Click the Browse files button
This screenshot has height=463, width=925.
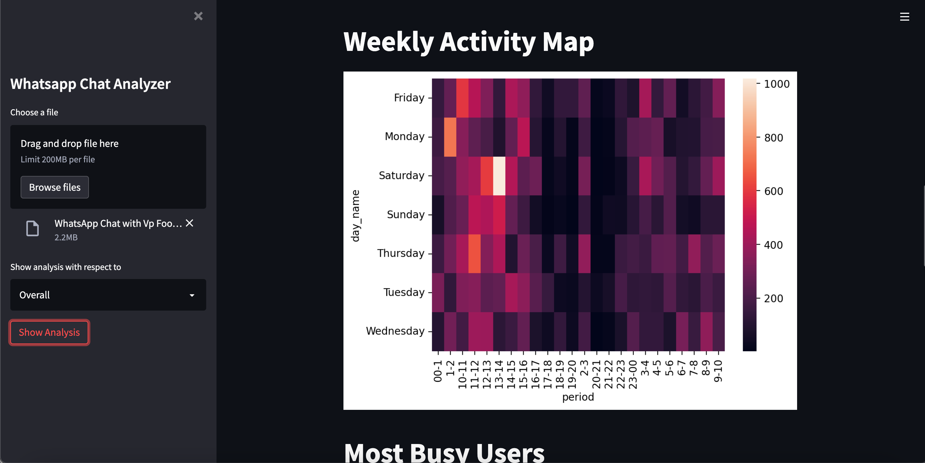[54, 187]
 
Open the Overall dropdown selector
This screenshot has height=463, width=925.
[108, 295]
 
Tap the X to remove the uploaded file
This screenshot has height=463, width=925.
[189, 223]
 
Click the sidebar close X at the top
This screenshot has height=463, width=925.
[198, 16]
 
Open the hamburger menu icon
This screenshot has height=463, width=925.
[904, 16]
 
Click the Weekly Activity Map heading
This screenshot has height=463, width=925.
[468, 42]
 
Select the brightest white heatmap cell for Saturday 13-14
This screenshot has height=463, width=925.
[499, 176]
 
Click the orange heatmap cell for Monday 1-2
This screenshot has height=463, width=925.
[450, 137]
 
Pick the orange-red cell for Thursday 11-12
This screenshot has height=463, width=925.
[474, 254]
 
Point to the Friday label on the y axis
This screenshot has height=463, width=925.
[409, 98]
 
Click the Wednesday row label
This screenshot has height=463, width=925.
[395, 331]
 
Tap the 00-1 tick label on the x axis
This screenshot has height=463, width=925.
[438, 371]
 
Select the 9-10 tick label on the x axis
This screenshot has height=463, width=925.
[718, 371]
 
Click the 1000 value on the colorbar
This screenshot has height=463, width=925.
[776, 84]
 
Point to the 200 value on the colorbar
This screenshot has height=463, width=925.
[773, 298]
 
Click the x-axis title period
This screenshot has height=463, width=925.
[578, 397]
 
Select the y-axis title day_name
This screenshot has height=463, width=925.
[355, 216]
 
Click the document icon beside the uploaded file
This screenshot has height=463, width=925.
[32, 228]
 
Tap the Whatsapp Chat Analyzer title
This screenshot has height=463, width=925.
[90, 84]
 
